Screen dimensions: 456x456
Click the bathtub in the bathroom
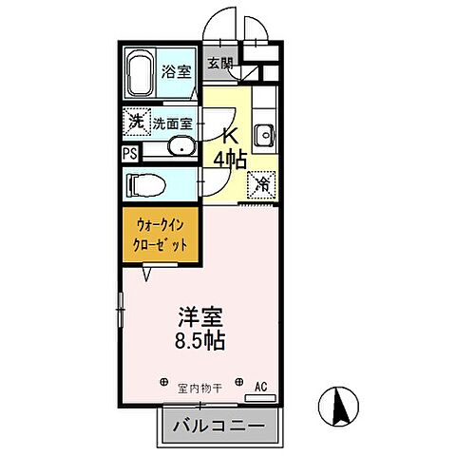(x=142, y=75)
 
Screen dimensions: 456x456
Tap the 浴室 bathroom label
(x=177, y=71)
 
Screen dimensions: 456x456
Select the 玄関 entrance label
(x=219, y=65)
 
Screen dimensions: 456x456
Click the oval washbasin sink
(x=181, y=147)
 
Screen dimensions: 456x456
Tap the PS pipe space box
(x=130, y=151)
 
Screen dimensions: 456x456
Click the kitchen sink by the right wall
(x=267, y=132)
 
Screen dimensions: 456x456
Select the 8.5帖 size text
(x=199, y=340)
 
